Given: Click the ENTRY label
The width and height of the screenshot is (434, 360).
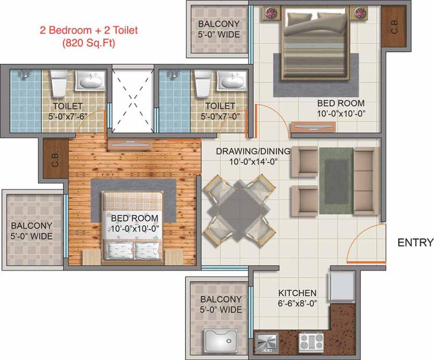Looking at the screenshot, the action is pyautogui.click(x=415, y=242).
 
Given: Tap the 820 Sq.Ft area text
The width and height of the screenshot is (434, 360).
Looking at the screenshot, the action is pyautogui.click(x=89, y=43).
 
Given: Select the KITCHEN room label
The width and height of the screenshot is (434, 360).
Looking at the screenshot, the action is pyautogui.click(x=297, y=293).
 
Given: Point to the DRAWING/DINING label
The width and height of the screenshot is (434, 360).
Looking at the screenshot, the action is pyautogui.click(x=253, y=151).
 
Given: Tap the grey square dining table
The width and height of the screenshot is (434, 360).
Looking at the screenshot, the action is pyautogui.click(x=240, y=210).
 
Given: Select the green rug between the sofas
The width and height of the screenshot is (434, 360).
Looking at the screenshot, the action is pyautogui.click(x=336, y=180).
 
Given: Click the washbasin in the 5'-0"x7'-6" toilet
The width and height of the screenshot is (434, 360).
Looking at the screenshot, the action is pyautogui.click(x=91, y=80).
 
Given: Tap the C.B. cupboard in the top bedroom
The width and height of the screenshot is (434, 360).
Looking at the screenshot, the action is pyautogui.click(x=394, y=27).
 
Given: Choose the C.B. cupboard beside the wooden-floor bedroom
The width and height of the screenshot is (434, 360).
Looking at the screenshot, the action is pyautogui.click(x=56, y=158).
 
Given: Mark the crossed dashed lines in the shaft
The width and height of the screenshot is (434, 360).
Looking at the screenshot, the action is pyautogui.click(x=133, y=98).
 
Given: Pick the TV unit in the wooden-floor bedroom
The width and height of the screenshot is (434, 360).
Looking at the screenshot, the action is pyautogui.click(x=130, y=144).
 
